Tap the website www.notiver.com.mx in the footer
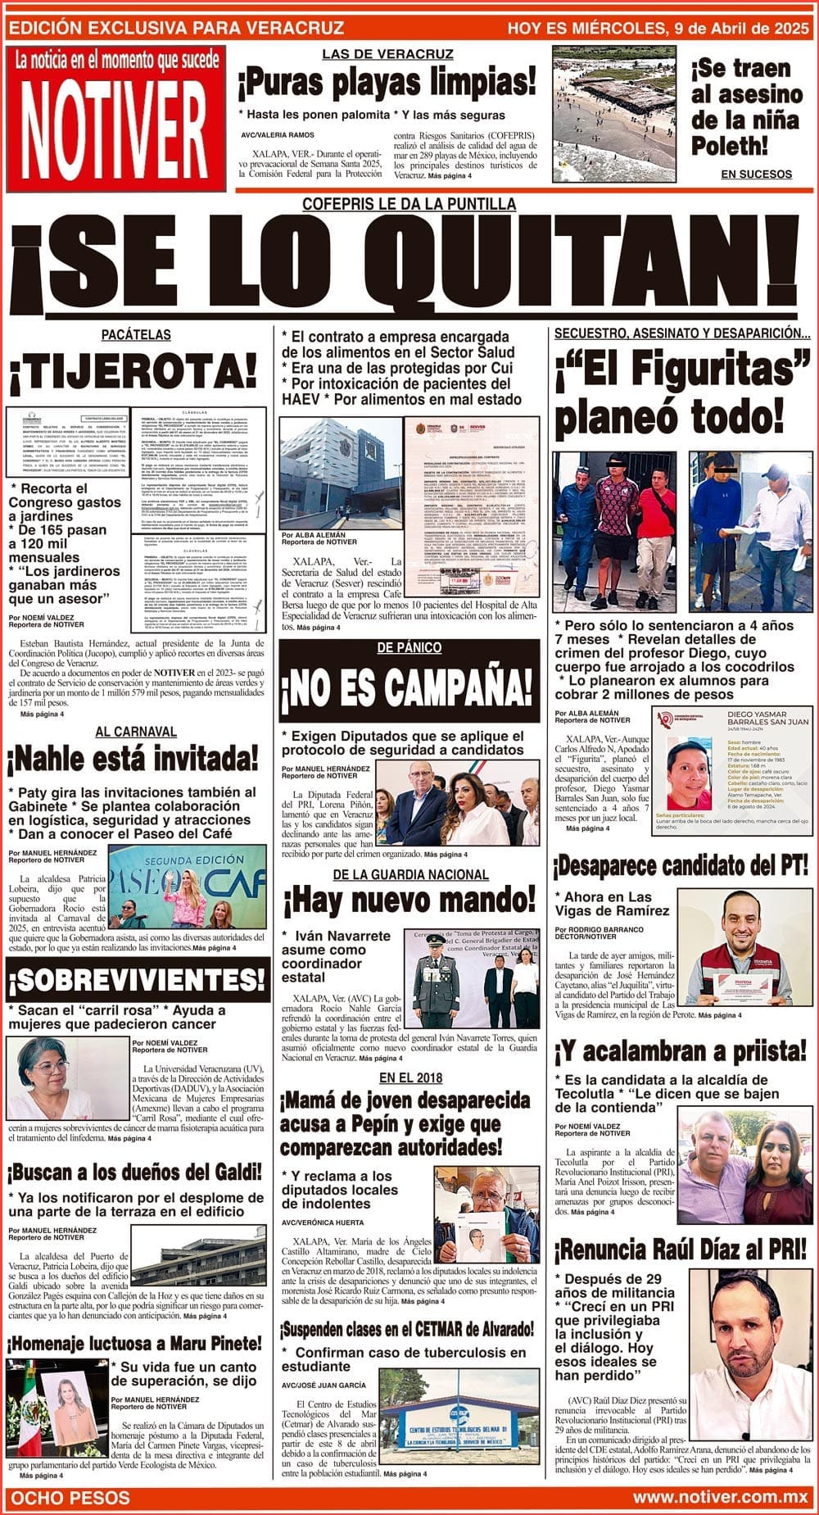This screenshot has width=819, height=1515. pyautogui.click(x=720, y=1498)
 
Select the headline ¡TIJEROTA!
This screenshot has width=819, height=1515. pyautogui.click(x=133, y=375)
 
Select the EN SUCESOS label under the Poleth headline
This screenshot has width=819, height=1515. pyautogui.click(x=756, y=174)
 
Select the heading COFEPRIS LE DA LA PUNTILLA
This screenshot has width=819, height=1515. pyautogui.click(x=409, y=204)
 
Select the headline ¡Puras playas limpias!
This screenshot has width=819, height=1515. pyautogui.click(x=387, y=82)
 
